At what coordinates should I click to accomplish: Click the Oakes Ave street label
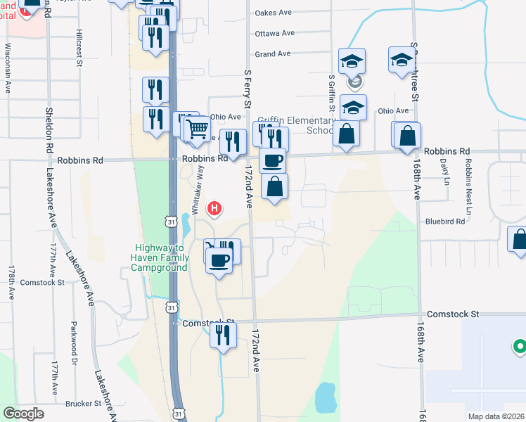(273, 13)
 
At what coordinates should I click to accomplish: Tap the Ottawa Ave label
(274, 33)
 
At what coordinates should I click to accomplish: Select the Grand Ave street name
(273, 54)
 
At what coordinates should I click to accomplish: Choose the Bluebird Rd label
(445, 221)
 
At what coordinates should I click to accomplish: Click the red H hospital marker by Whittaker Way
(216, 209)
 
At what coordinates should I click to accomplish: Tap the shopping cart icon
(198, 129)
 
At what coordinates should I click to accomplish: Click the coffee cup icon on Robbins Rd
(273, 160)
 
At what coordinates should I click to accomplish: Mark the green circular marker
(519, 346)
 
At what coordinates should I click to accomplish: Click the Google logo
(24, 414)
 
